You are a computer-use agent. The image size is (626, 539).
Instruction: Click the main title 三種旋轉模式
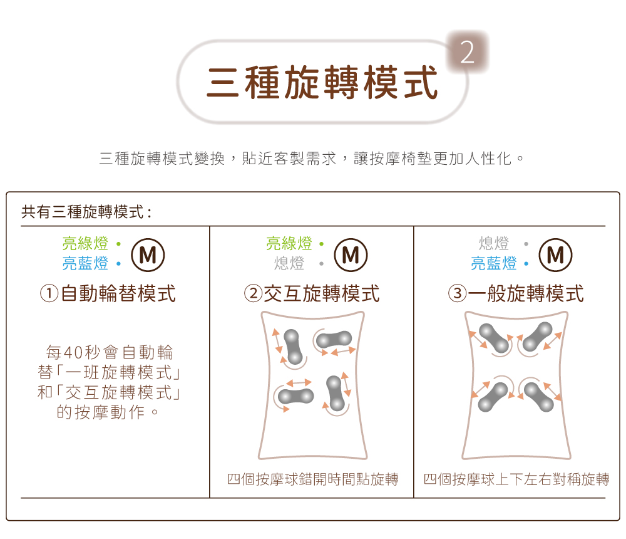[x=322, y=83]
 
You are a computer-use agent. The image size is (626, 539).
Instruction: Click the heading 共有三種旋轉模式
[x=86, y=212]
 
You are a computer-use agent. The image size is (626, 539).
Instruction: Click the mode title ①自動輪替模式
[x=107, y=293]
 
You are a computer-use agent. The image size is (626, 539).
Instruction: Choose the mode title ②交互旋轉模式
[x=311, y=293]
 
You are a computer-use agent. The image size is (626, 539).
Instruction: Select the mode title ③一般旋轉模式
[x=516, y=293]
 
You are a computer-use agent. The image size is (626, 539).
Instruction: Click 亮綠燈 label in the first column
[x=85, y=243]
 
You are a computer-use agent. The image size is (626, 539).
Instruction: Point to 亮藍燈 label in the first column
[x=85, y=263]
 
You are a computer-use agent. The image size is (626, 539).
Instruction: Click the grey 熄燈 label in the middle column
[x=289, y=263]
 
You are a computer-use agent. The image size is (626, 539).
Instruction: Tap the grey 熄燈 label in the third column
[x=494, y=243]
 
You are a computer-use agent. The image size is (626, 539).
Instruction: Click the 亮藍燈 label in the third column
[x=494, y=263]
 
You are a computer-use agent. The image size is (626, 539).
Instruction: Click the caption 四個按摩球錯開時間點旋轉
[x=312, y=480]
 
